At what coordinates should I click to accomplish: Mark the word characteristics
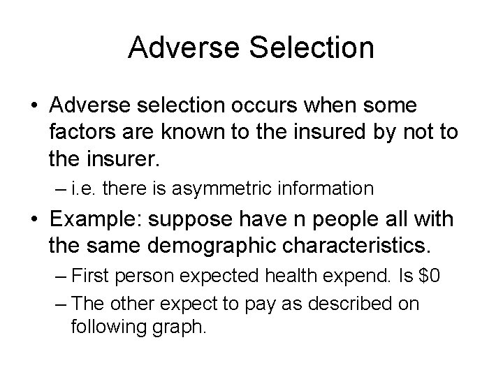tap(356, 246)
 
